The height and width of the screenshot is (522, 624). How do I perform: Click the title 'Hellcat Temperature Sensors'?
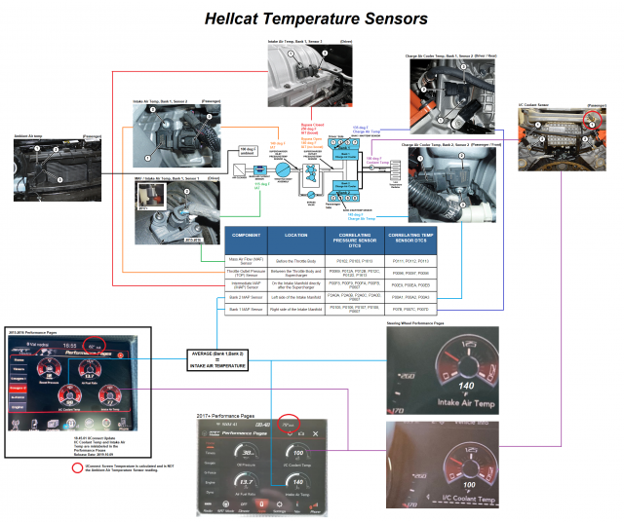pos(312,18)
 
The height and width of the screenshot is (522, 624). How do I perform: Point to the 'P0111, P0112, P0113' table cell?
pos(404,260)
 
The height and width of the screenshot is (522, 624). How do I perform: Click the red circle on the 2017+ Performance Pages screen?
pos(289,426)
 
